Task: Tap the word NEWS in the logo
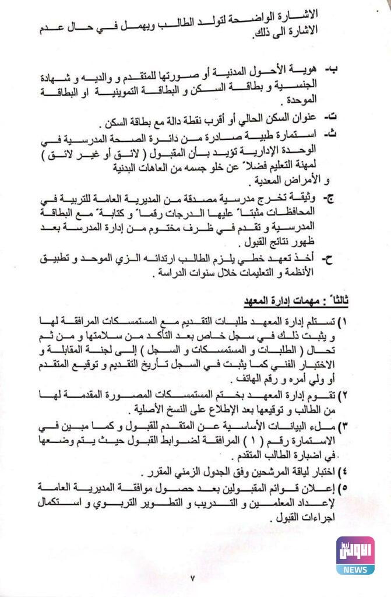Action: [355, 568]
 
